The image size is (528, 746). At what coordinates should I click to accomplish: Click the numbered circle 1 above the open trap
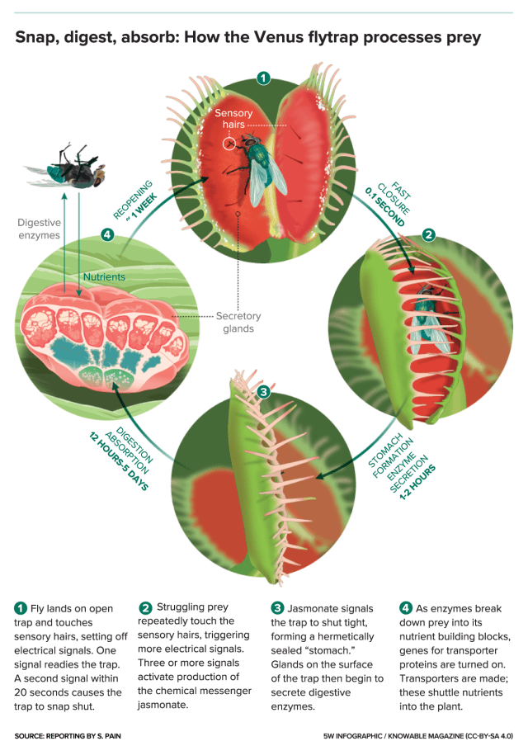[263, 78]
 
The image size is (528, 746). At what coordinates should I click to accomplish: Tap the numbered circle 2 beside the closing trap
[428, 234]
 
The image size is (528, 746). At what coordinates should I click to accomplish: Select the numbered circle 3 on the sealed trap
[263, 392]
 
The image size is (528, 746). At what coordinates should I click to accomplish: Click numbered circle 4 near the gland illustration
[106, 234]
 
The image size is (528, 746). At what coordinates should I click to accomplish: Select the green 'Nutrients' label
[105, 278]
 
